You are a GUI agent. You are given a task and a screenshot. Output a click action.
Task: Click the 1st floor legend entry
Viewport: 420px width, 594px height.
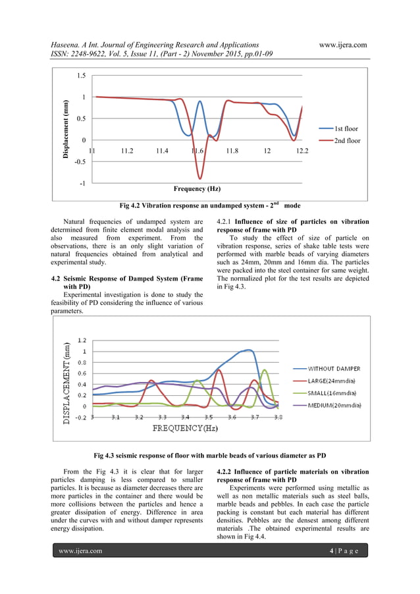click(346, 128)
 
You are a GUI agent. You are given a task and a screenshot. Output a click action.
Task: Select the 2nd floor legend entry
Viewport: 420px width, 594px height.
click(347, 140)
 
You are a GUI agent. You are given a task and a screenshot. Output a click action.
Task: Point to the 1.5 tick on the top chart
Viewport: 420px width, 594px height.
click(80, 76)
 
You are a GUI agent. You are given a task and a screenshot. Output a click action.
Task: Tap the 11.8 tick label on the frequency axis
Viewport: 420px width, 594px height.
click(232, 151)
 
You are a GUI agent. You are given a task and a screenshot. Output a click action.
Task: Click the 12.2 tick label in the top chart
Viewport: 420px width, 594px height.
click(302, 151)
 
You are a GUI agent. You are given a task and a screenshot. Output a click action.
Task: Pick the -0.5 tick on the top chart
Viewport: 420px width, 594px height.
click(78, 161)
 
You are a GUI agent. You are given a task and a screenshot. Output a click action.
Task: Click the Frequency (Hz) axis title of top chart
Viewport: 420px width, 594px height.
click(197, 189)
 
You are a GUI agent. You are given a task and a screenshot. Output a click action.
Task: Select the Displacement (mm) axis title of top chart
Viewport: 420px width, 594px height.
click(66, 129)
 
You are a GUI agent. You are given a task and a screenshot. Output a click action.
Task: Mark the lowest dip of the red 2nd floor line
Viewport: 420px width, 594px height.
click(200, 178)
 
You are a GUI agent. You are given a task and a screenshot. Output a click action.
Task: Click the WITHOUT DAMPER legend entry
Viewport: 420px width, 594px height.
click(334, 369)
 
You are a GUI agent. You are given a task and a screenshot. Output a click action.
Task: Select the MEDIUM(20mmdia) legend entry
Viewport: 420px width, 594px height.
click(334, 405)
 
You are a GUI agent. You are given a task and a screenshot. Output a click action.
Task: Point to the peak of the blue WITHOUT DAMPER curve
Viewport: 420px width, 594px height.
click(248, 350)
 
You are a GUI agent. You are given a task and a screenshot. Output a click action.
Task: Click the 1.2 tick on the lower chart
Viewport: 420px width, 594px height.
click(82, 340)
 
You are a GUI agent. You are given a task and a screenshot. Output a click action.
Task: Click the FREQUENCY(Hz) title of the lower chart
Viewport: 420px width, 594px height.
click(185, 428)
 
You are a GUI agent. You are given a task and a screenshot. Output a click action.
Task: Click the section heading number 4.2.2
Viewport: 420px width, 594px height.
click(226, 472)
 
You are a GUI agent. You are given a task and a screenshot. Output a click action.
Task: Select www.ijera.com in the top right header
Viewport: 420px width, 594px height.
click(342, 45)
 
